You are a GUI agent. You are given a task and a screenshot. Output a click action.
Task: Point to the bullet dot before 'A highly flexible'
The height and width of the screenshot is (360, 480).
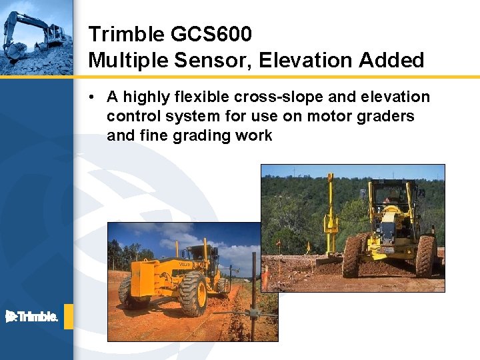[91, 97]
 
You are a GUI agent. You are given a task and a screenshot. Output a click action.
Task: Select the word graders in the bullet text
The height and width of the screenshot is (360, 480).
[385, 117]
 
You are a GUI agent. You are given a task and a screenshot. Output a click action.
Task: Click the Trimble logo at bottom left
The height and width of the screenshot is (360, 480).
[31, 317]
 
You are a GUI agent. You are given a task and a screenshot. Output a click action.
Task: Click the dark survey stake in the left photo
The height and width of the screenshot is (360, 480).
[253, 293]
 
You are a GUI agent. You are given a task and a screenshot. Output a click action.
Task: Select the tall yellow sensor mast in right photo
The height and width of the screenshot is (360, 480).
[330, 213]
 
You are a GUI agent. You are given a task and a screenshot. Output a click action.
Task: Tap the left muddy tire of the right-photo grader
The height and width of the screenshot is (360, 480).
[352, 257]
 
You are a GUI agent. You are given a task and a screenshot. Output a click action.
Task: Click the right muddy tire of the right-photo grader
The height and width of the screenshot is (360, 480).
[425, 257]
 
